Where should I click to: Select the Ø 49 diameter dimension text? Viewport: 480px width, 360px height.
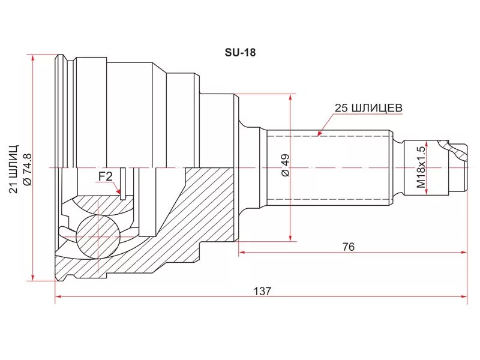point(285,165)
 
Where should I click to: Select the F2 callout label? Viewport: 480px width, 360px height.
point(106,176)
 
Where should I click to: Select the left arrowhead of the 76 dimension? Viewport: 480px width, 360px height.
point(242,253)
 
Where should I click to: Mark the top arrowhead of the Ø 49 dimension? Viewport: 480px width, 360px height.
point(291,97)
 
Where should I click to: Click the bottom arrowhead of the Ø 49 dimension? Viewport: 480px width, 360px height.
point(291,238)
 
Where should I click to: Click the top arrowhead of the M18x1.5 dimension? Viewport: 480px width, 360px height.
point(426,143)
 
